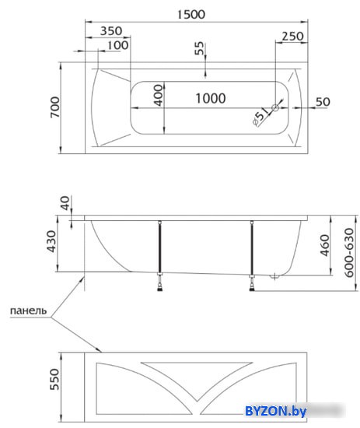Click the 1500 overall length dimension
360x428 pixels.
191,15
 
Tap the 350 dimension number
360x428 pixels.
111,31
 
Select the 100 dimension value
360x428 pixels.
117,45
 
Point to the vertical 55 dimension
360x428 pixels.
199,48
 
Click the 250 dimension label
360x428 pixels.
292,36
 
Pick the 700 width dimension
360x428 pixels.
55,107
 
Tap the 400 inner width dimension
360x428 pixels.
159,95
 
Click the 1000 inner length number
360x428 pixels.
211,98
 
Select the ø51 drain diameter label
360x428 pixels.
260,116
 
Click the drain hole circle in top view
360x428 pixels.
275,108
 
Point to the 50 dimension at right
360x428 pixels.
323,102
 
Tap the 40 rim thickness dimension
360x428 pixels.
65,203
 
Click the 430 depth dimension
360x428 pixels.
51,241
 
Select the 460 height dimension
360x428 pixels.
324,245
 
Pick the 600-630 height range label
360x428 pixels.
349,253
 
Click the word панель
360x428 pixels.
28,310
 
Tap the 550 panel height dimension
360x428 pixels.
54,380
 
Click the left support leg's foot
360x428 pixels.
160,288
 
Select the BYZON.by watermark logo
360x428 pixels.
275,412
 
